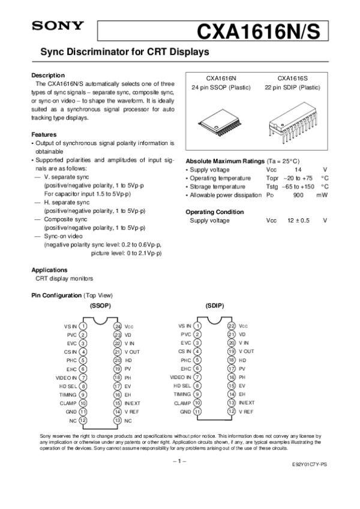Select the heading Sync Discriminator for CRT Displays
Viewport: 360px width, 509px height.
124,53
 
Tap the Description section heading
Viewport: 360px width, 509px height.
47,75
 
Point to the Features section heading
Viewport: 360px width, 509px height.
44,135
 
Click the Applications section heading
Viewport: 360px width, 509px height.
49,270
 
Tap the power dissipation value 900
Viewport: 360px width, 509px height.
298,195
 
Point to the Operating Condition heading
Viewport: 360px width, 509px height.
214,212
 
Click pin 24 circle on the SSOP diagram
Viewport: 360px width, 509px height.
118,326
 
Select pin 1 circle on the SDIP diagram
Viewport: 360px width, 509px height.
197,326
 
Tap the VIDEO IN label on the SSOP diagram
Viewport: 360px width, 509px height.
66,378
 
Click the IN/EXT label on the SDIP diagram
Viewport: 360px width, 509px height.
247,403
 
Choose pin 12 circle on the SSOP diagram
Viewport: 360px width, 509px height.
83,421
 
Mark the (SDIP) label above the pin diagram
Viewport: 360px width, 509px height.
214,306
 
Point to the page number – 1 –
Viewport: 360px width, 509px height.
179,461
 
